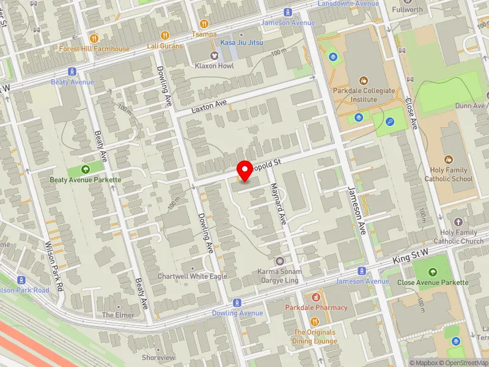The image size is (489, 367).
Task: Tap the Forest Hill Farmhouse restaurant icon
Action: click(x=94, y=38)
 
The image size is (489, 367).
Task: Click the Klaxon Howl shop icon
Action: click(x=214, y=56)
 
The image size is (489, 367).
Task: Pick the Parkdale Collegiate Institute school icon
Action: click(x=365, y=80)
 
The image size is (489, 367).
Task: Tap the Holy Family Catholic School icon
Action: click(x=449, y=160)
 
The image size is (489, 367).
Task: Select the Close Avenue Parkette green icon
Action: click(x=433, y=272)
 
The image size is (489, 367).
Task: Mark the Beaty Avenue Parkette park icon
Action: click(x=85, y=169)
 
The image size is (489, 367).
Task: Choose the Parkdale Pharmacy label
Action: click(x=316, y=308)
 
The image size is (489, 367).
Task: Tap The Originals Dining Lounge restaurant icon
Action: click(x=314, y=322)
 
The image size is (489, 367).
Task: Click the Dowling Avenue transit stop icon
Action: click(x=237, y=303)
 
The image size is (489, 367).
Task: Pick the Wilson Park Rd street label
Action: click(x=54, y=265)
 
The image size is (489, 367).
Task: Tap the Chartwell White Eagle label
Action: click(x=193, y=276)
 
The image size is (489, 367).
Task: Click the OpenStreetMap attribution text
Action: click(x=462, y=363)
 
